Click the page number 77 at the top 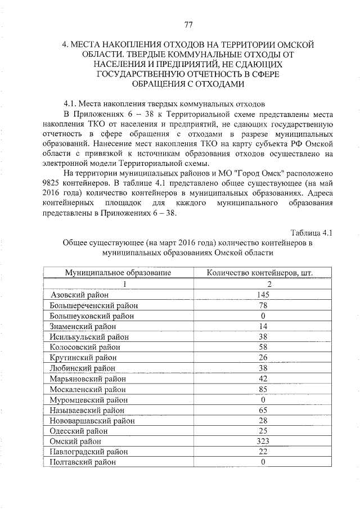[188, 24]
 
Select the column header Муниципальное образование [118, 273]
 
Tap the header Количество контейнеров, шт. [259, 273]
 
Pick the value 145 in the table [262, 295]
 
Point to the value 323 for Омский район [262, 441]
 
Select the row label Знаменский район [83, 326]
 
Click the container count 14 [262, 326]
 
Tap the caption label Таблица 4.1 [312, 233]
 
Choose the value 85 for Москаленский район [262, 389]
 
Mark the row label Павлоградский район [89, 452]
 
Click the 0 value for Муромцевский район [262, 399]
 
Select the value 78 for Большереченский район [262, 305]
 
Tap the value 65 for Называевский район [262, 410]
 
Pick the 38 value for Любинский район [262, 368]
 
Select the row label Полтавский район [83, 462]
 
